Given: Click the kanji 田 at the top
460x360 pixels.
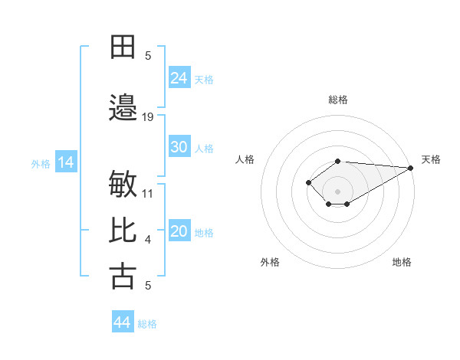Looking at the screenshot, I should pyautogui.click(x=123, y=47).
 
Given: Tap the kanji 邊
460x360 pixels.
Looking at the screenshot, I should pyautogui.click(x=123, y=108).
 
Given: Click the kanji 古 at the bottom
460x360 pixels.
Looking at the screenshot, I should pyautogui.click(x=123, y=277).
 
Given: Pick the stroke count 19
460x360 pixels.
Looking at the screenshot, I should pyautogui.click(x=148, y=116).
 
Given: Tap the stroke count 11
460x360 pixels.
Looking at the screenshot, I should pyautogui.click(x=148, y=193).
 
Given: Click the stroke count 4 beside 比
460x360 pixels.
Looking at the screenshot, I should pyautogui.click(x=148, y=240).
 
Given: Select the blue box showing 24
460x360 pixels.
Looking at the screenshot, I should pyautogui.click(x=179, y=78).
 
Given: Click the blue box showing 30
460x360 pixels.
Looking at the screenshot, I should pyautogui.click(x=179, y=147).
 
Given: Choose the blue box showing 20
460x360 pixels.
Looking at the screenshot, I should pyautogui.click(x=179, y=231).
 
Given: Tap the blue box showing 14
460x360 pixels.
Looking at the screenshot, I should pyautogui.click(x=65, y=162).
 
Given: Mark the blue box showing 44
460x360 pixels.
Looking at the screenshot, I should pyautogui.click(x=123, y=322).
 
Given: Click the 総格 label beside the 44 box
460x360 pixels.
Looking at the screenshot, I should pyautogui.click(x=147, y=324).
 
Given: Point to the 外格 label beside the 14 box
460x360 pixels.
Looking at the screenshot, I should pyautogui.click(x=41, y=163).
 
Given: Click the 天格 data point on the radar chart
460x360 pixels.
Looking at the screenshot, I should pyautogui.click(x=411, y=168).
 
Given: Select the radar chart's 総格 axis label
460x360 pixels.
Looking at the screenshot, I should pyautogui.click(x=337, y=100).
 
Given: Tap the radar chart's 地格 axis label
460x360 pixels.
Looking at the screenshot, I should pyautogui.click(x=402, y=262).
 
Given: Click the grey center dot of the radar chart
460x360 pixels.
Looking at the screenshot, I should pyautogui.click(x=337, y=191).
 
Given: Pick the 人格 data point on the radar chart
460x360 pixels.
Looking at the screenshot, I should pyautogui.click(x=308, y=182).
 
